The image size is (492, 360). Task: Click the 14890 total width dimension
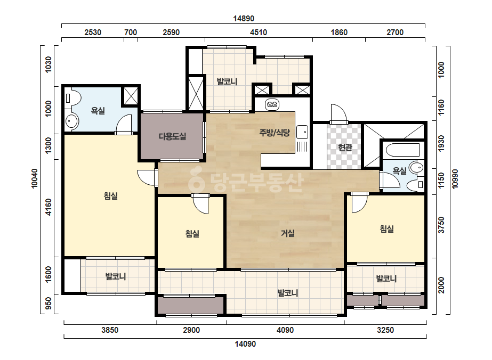pyautogui.click(x=244, y=19)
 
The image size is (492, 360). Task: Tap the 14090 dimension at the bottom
pyautogui.click(x=245, y=344)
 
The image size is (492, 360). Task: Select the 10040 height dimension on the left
pyautogui.click(x=35, y=178)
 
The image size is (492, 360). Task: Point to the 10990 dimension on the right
pyautogui.click(x=455, y=179)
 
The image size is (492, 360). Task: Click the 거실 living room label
pyautogui.click(x=288, y=233)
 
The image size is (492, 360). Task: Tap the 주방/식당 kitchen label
pyautogui.click(x=275, y=133)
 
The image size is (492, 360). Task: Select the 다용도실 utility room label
pyautogui.click(x=172, y=136)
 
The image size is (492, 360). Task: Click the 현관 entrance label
pyautogui.click(x=345, y=147)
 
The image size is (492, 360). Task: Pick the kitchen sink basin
pyautogui.click(x=302, y=132)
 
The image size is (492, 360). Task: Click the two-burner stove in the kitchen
pyautogui.click(x=272, y=105)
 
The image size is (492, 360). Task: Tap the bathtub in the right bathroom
pyautogui.click(x=402, y=150)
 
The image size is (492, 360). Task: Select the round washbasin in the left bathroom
pyautogui.click(x=72, y=121)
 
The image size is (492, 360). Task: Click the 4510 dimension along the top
pyautogui.click(x=259, y=32)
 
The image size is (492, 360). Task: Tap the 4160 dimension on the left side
pyautogui.click(x=49, y=207)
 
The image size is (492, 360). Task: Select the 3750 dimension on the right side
pyautogui.click(x=441, y=225)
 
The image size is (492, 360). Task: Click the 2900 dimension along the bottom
pyautogui.click(x=191, y=330)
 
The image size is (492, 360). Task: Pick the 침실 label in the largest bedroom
pyautogui.click(x=111, y=196)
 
